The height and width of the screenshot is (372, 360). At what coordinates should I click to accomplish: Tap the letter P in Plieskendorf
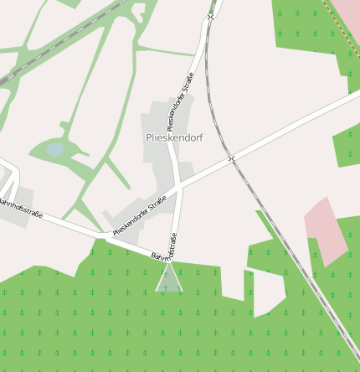149,136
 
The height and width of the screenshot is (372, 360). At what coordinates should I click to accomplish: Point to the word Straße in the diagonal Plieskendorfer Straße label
157,206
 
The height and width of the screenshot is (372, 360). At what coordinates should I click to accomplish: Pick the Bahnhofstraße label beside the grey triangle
164,248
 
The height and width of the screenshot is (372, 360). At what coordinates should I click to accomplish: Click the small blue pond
55,150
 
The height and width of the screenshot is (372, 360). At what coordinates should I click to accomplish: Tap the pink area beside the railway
325,230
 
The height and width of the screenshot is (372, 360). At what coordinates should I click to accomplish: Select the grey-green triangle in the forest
168,281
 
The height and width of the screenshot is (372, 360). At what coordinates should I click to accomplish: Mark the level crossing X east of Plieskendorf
232,158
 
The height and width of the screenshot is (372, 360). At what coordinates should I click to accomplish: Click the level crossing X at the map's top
211,16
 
